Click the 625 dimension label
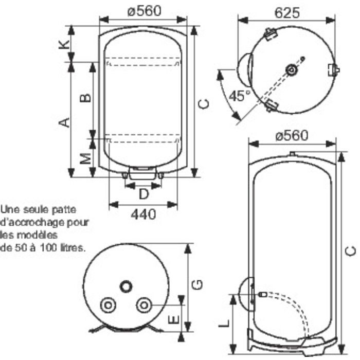pos(286,12)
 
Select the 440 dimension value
pos(144,214)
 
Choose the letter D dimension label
pos(144,194)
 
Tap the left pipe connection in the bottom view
pos(108,305)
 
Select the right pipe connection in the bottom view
pos(143,305)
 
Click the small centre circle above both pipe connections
pos(126,285)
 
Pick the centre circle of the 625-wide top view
pos(292,69)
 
